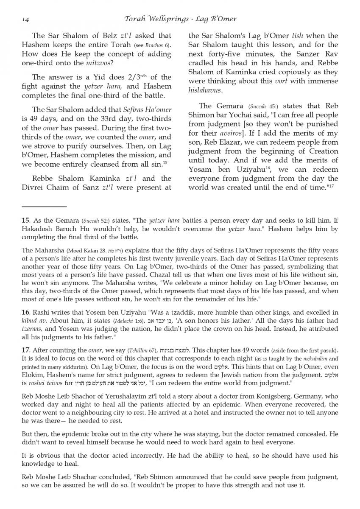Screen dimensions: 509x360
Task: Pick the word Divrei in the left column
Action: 33,187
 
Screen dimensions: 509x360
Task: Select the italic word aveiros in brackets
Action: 231,133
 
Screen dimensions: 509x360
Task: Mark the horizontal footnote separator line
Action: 45,207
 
